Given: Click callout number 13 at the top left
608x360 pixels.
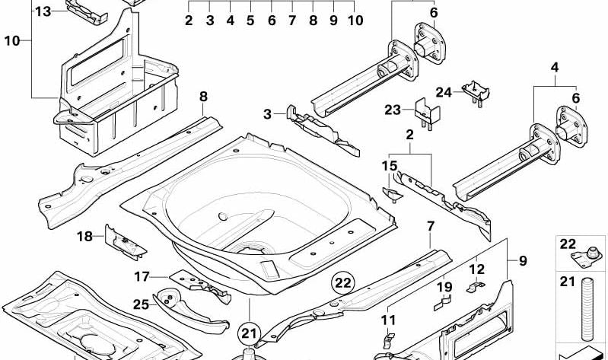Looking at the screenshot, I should pos(43,11).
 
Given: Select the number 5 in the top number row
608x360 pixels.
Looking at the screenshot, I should pos(250,21).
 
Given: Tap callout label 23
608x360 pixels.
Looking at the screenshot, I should pos(392,110).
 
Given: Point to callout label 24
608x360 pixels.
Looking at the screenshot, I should pos(444,92).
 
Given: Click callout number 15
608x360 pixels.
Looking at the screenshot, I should pos(389,166).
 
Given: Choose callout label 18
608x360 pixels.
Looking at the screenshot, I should pos(84,237).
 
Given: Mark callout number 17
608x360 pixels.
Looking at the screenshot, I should pos(142,277).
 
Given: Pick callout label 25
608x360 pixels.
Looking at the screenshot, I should pos(141,304).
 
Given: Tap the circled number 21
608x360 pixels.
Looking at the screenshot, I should pos(250,333).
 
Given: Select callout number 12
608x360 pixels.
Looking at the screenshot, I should pos(476,269).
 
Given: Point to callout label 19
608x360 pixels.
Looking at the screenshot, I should pos(444,287).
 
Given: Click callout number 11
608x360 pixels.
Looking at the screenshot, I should pos(388,320).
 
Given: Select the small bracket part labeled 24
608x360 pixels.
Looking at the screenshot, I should pos(474,91).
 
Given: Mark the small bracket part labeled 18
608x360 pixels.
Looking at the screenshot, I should pos(122,241).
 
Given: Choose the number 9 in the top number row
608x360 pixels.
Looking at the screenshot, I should pos(333,21).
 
